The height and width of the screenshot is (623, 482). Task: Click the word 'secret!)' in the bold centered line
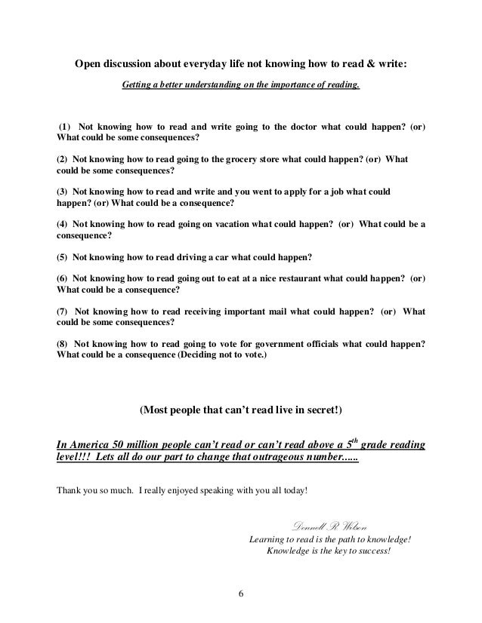click(323, 411)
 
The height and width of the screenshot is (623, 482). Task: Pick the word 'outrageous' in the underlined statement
click(275, 457)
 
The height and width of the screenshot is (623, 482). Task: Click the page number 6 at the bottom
click(240, 592)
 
